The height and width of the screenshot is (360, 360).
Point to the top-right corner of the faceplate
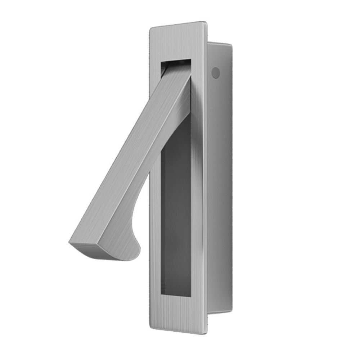pyautogui.click(x=206, y=23)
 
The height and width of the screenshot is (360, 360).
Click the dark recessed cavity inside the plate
pyautogui.click(x=176, y=216)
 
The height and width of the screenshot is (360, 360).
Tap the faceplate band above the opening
pyautogui.click(x=176, y=43)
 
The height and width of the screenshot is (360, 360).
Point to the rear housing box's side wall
pyautogui.click(x=220, y=180)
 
